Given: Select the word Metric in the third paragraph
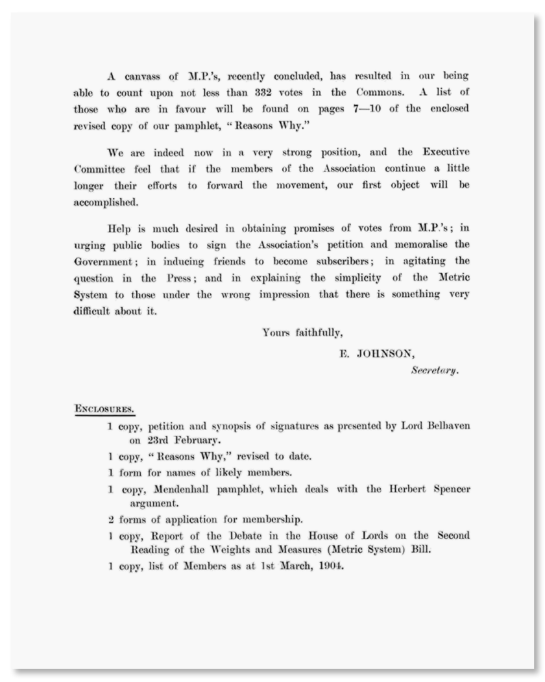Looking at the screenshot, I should pos(452,279).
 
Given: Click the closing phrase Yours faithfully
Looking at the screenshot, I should pos(302,333).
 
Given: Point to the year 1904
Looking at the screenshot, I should pos(326,566).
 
